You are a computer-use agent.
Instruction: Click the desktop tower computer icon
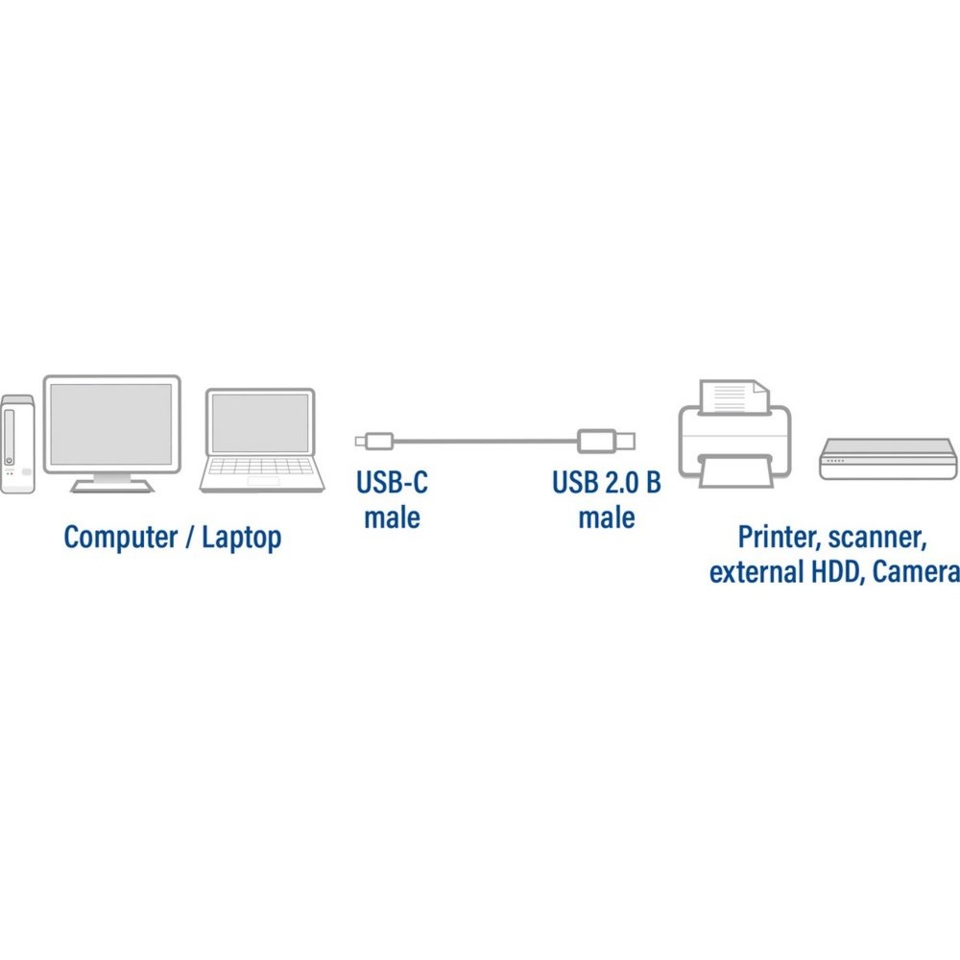(17, 444)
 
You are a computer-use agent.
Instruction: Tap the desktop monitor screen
(111, 423)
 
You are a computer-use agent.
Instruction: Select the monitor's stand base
(112, 486)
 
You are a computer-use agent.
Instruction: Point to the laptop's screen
(260, 423)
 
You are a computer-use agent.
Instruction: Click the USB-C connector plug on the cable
(374, 441)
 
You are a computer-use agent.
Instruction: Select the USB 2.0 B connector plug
(606, 441)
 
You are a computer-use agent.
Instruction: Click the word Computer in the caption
(121, 538)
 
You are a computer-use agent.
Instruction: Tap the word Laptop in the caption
(242, 538)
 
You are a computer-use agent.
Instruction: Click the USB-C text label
(392, 482)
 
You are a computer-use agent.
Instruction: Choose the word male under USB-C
(392, 517)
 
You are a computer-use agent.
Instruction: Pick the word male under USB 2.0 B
(607, 517)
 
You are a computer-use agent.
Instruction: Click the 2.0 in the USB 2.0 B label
(622, 482)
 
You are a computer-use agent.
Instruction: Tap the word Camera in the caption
(916, 572)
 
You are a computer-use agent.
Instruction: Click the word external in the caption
(756, 572)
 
